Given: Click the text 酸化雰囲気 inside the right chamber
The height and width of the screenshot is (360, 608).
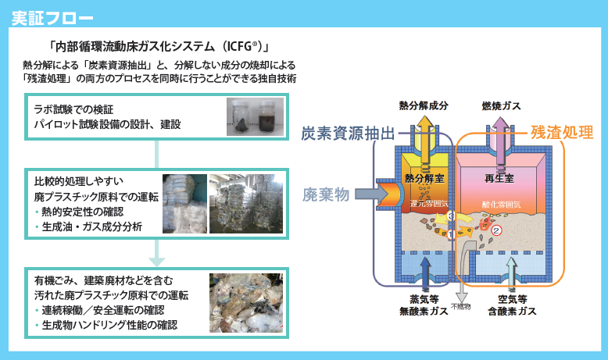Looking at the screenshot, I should pyautogui.click(x=501, y=203).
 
